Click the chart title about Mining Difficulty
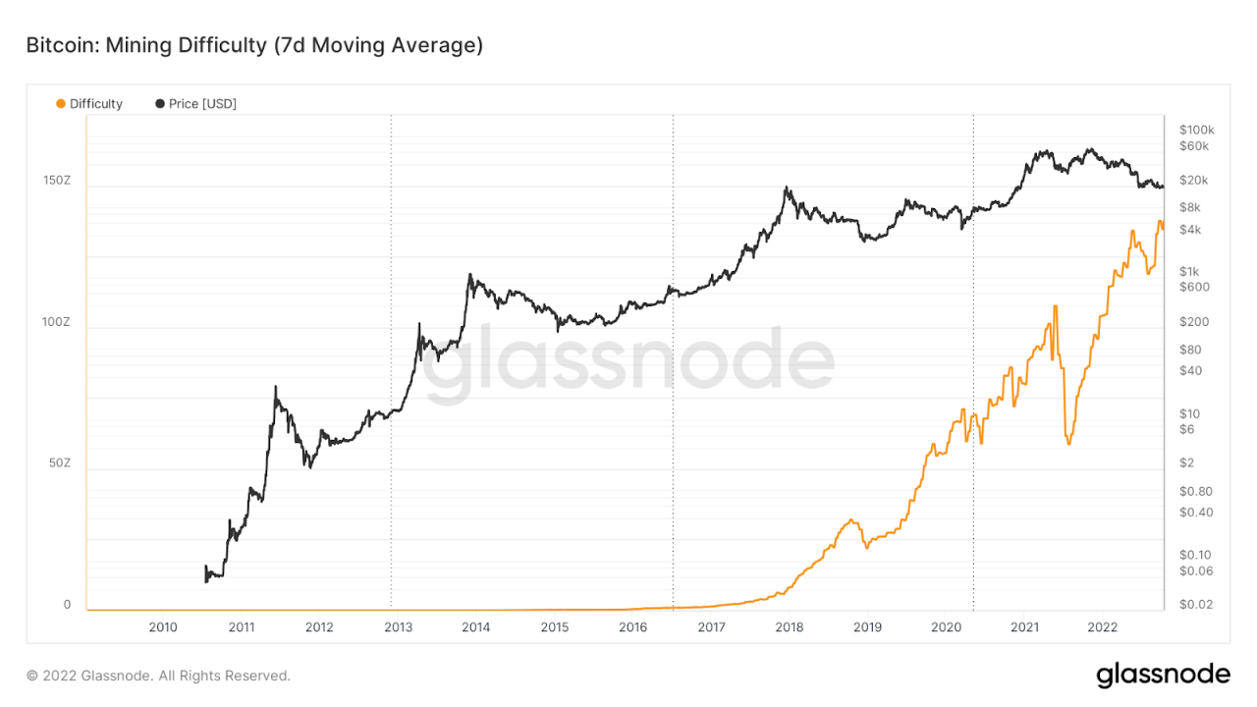tap(253, 45)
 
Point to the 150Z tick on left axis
tap(56, 181)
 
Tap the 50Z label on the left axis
tap(60, 462)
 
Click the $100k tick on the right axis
tap(1196, 130)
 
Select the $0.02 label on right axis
tap(1195, 604)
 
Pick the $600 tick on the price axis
tap(1195, 287)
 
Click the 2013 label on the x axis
tap(398, 626)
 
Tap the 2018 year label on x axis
tap(789, 626)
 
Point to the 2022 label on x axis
tap(1102, 626)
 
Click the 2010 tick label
tap(163, 626)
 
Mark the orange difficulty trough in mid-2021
tap(1068, 443)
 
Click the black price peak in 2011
tap(275, 387)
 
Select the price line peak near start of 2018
tap(787, 188)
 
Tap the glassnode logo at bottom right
tap(1163, 675)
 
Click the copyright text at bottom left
tap(158, 676)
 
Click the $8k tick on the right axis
tap(1191, 207)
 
